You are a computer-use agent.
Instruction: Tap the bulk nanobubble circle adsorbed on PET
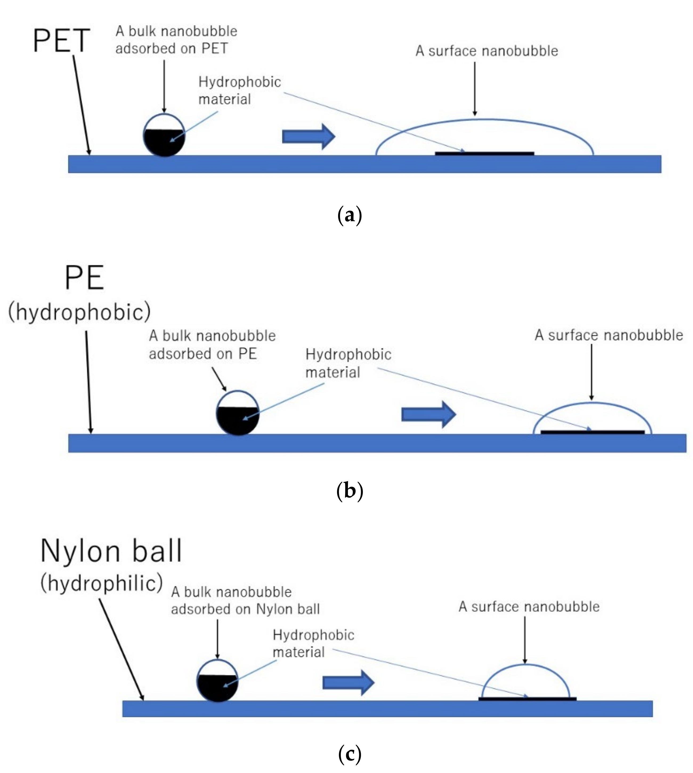(164, 135)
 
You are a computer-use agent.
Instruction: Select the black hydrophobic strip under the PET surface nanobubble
(484, 153)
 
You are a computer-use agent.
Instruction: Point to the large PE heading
(84, 278)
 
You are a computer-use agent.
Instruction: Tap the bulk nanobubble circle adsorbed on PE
(238, 413)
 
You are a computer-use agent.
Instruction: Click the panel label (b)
(350, 491)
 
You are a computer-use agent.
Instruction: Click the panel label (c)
(350, 754)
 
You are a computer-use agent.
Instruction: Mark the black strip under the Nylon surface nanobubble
(527, 699)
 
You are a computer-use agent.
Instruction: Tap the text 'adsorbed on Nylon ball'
(245, 609)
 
